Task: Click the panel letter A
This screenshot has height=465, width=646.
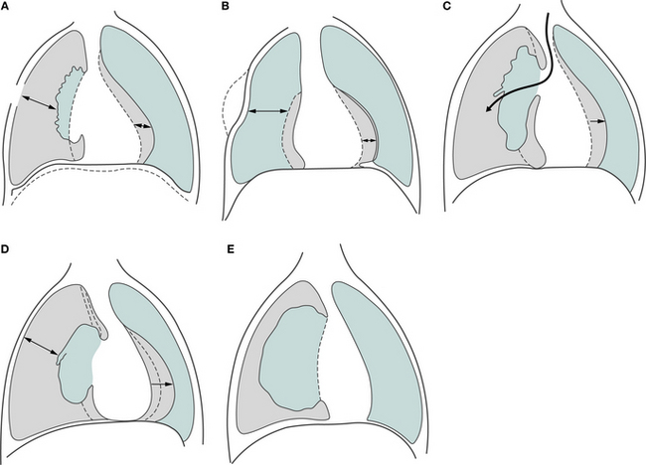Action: (x=4, y=6)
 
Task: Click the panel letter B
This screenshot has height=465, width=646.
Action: (x=225, y=6)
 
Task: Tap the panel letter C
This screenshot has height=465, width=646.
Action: (x=448, y=6)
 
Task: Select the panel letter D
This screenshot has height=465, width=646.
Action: (x=5, y=249)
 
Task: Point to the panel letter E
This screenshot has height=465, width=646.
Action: (x=231, y=249)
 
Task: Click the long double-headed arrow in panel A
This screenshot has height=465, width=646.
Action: (x=39, y=102)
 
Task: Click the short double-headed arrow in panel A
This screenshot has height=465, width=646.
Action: (x=143, y=125)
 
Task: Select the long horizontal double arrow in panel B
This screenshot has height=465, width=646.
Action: (x=267, y=111)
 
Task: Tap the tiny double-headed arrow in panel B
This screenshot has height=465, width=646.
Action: (x=369, y=141)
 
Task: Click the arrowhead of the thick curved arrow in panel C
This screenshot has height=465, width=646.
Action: (x=489, y=108)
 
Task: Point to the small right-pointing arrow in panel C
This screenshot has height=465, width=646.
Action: (x=597, y=121)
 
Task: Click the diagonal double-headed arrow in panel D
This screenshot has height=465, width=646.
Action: (x=41, y=345)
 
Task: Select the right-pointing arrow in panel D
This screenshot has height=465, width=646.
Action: (x=161, y=385)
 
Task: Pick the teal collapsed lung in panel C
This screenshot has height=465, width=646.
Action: (x=518, y=98)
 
